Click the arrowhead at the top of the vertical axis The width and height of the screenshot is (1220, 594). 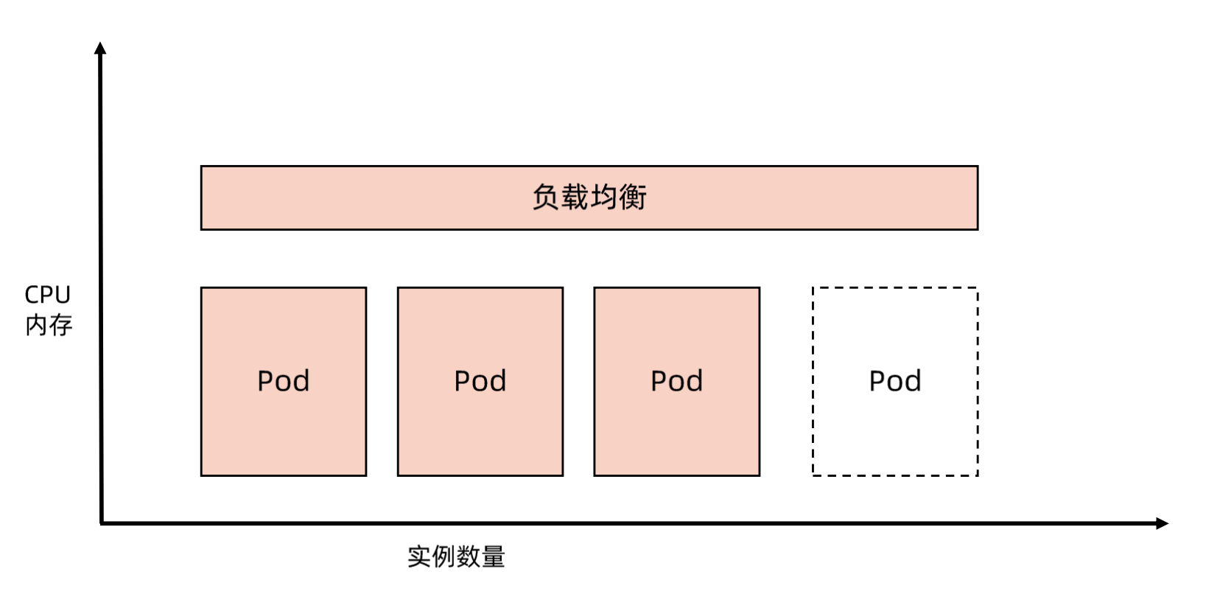coord(100,48)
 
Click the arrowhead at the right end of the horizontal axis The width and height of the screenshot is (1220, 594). coord(1162,523)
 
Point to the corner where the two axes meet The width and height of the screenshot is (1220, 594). coord(101,523)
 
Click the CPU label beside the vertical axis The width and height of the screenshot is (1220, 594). coord(47,295)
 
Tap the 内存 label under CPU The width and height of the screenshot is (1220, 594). coord(49,325)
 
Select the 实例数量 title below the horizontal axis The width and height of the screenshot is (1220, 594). coord(456,556)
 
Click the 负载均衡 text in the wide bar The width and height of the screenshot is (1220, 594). coord(589,198)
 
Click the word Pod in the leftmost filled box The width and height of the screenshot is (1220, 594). coord(283,381)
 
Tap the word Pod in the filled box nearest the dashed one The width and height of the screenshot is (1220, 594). coord(676,381)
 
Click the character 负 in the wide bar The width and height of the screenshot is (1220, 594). coord(546,198)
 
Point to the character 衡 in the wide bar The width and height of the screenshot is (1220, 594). coord(633,198)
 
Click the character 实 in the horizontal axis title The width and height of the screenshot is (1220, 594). coord(419,556)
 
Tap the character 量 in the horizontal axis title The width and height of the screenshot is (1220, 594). coord(493,556)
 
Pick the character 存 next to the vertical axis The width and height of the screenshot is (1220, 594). coord(60,325)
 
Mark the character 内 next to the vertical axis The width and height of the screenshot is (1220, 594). coord(36,325)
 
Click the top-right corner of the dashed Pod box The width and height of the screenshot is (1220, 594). coord(977,288)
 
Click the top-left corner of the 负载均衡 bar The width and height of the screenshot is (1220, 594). coord(202,167)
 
